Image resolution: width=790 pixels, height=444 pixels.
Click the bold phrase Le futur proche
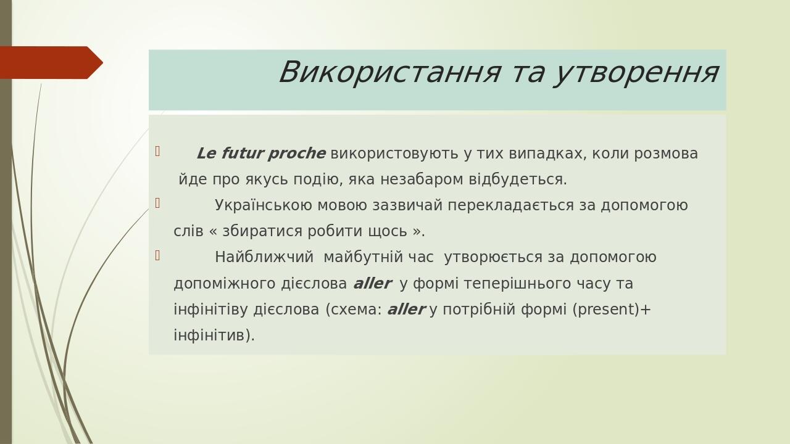(260, 154)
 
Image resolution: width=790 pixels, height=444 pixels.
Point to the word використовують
(394, 154)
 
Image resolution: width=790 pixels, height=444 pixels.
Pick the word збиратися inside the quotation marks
(261, 231)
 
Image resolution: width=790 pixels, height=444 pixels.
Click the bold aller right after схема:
(405, 310)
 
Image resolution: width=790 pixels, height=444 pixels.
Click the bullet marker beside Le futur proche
(157, 151)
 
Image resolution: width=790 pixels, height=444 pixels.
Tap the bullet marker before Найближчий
(157, 255)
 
